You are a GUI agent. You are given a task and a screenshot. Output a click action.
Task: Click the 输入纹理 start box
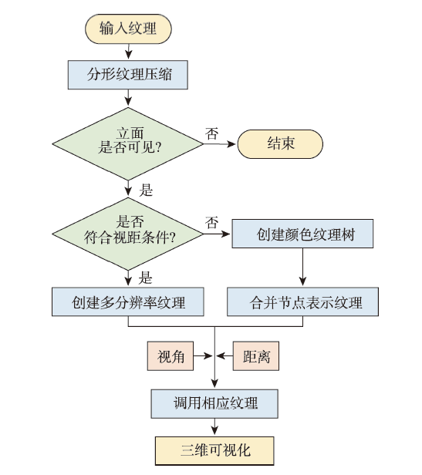(128, 29)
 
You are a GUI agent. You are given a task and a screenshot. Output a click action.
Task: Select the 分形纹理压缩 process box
(127, 75)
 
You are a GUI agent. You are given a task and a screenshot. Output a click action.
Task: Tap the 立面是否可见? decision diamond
(128, 143)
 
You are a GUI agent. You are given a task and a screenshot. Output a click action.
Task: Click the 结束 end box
(280, 144)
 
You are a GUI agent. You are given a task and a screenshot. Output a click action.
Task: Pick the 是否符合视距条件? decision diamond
(128, 234)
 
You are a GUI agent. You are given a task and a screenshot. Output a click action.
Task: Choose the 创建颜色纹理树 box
(302, 234)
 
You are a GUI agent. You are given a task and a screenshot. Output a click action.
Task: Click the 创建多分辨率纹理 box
(128, 302)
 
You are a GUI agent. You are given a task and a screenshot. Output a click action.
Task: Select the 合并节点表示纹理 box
(303, 302)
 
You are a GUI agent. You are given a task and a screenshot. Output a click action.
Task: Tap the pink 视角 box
(170, 356)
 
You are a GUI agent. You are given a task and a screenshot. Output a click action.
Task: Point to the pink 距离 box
(256, 356)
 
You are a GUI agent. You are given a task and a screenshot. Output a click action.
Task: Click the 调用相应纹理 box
(214, 404)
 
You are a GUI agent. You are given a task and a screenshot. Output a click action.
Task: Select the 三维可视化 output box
(214, 451)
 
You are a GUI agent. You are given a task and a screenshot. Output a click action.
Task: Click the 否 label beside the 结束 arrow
(211, 133)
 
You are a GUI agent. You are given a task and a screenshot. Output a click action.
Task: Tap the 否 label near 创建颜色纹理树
(211, 222)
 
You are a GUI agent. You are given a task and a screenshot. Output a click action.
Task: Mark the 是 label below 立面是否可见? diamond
(146, 190)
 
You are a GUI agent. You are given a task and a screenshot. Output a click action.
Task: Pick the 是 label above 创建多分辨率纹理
(145, 278)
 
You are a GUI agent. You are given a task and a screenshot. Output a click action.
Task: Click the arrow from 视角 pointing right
(202, 356)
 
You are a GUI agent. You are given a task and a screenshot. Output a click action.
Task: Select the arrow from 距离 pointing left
(225, 356)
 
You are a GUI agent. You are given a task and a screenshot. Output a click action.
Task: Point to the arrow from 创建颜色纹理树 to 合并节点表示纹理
(302, 267)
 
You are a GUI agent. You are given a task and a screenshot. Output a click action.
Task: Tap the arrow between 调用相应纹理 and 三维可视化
(214, 427)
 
